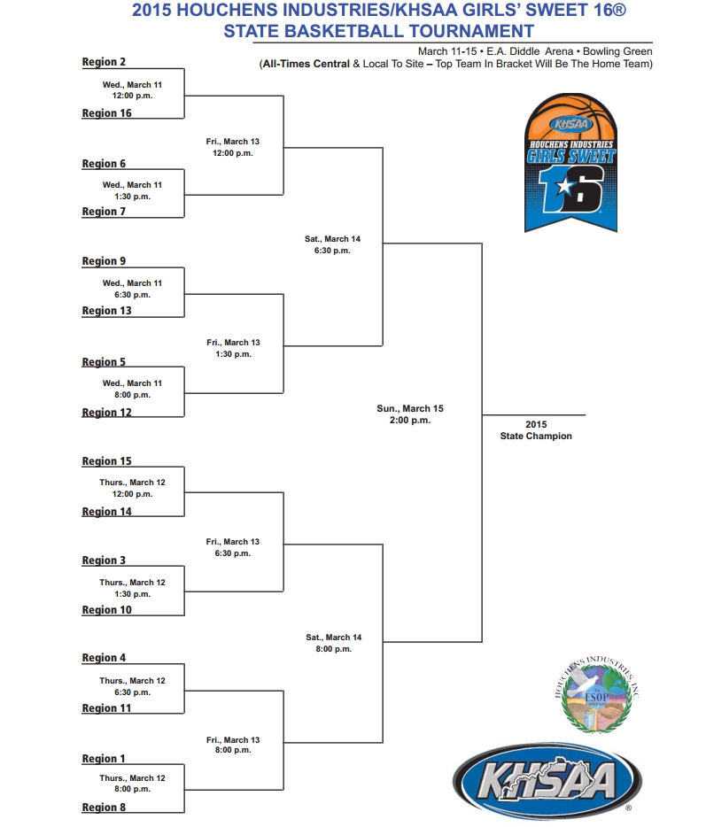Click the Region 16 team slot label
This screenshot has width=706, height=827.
tap(106, 112)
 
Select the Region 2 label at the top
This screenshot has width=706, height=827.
tap(104, 62)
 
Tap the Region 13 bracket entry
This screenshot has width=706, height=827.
tap(106, 311)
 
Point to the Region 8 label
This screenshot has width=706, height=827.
tap(104, 807)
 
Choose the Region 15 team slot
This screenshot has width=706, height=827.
tap(106, 461)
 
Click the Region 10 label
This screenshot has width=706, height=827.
tap(106, 610)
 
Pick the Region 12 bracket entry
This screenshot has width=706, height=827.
tap(106, 413)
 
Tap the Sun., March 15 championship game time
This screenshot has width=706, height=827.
tap(410, 414)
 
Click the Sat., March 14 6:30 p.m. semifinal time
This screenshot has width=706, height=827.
tap(332, 244)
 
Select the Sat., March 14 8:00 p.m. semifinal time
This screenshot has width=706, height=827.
tap(333, 643)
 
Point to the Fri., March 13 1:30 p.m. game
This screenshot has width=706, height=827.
tap(233, 348)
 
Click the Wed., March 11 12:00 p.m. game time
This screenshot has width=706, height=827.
tap(132, 90)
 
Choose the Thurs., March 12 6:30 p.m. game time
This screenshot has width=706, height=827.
tap(132, 686)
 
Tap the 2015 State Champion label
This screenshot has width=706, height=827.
tap(536, 430)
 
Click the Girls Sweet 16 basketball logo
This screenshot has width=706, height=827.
tap(571, 162)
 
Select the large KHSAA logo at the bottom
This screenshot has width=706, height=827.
tap(547, 781)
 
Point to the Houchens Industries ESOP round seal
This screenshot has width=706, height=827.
tap(597, 694)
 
